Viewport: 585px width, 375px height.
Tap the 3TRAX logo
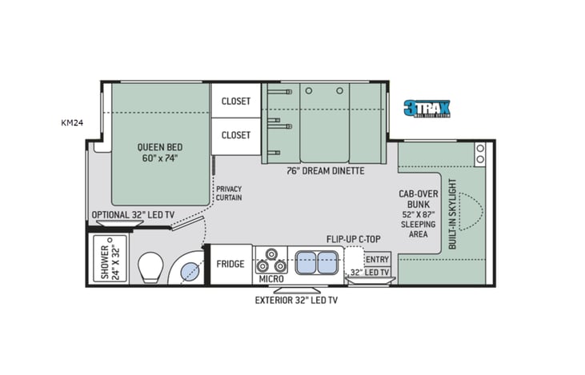[x=427, y=109]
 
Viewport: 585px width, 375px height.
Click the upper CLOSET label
[x=236, y=102]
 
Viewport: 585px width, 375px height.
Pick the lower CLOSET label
[x=236, y=135]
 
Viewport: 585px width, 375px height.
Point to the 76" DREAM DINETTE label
[x=325, y=170]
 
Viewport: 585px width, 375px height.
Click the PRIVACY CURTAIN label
[x=229, y=192]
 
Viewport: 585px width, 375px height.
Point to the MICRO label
[x=271, y=280]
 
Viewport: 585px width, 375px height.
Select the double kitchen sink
[x=318, y=261]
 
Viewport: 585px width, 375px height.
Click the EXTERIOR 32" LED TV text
[x=296, y=301]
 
